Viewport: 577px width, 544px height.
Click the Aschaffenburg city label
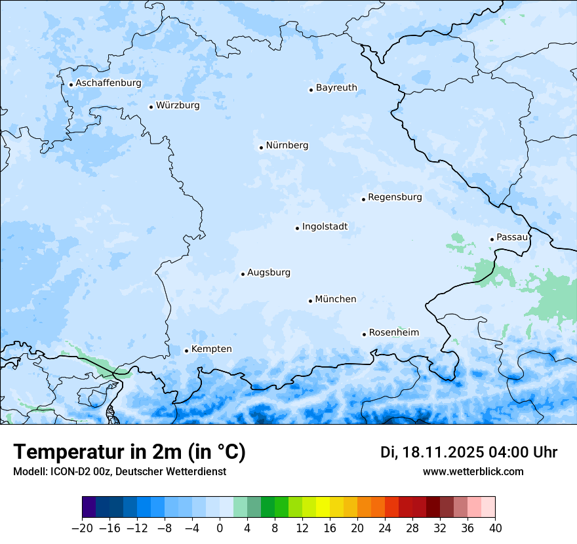pos(108,83)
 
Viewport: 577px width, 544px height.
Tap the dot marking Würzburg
pos(151,107)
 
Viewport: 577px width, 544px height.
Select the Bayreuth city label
pos(336,88)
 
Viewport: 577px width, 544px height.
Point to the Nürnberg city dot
pos(261,147)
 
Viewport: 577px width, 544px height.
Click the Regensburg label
pos(395,197)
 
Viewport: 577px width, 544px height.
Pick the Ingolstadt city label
pos(325,227)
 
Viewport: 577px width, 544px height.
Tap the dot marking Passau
pos(492,239)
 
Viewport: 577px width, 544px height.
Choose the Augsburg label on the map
pos(269,273)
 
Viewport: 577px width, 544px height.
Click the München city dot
pos(310,301)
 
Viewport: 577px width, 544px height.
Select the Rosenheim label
pos(393,333)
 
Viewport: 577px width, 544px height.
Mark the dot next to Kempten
pos(186,351)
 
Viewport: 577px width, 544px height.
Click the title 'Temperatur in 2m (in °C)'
pos(129,452)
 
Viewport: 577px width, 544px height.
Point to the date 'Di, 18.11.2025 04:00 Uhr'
pos(469,452)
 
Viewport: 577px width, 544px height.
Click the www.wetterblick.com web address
pos(473,472)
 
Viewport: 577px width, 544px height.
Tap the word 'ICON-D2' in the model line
pos(67,472)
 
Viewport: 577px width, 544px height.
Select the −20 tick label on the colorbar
pos(82,528)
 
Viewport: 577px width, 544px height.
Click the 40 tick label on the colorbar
pos(495,528)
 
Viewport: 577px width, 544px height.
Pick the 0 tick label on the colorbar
pos(220,528)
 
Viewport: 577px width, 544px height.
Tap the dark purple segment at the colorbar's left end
pos(89,507)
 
